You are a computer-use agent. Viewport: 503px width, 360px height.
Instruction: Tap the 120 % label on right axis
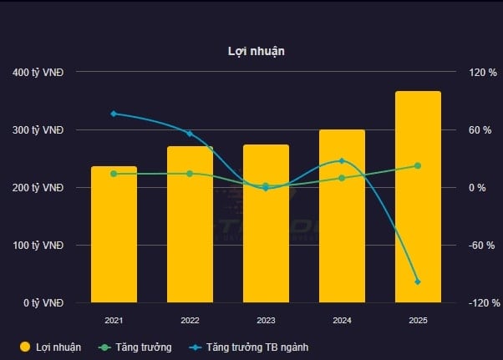[482, 73]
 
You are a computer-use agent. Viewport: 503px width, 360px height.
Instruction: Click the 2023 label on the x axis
[266, 321]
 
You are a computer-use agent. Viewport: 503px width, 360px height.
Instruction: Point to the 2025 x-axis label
[418, 321]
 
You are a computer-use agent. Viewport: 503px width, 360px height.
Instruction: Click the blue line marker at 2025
[418, 281]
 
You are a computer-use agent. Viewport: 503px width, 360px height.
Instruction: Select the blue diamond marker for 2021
[114, 114]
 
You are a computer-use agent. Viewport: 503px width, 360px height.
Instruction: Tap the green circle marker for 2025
[418, 165]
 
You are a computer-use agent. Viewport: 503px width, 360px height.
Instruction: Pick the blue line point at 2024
[342, 160]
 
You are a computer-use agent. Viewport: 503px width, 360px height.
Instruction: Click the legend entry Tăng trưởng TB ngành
[258, 347]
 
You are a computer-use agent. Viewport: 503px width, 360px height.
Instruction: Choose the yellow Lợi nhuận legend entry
[50, 347]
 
